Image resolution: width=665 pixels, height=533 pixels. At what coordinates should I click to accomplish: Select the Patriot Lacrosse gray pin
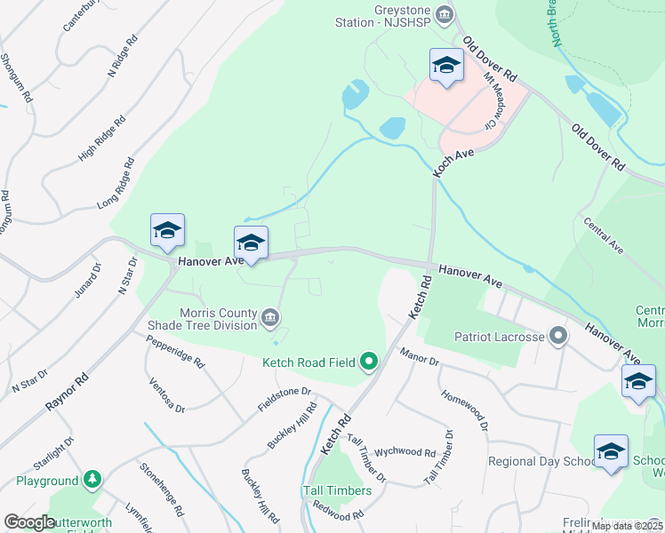(558, 337)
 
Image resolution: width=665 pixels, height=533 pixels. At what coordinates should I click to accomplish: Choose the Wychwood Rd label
(405, 452)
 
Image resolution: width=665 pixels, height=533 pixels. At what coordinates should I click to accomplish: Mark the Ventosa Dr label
(166, 396)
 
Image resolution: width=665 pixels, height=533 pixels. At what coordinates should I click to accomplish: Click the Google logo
(29, 522)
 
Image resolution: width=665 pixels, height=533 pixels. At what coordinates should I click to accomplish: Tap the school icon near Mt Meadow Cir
(446, 65)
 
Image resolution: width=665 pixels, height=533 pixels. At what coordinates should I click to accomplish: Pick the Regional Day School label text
(541, 462)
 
